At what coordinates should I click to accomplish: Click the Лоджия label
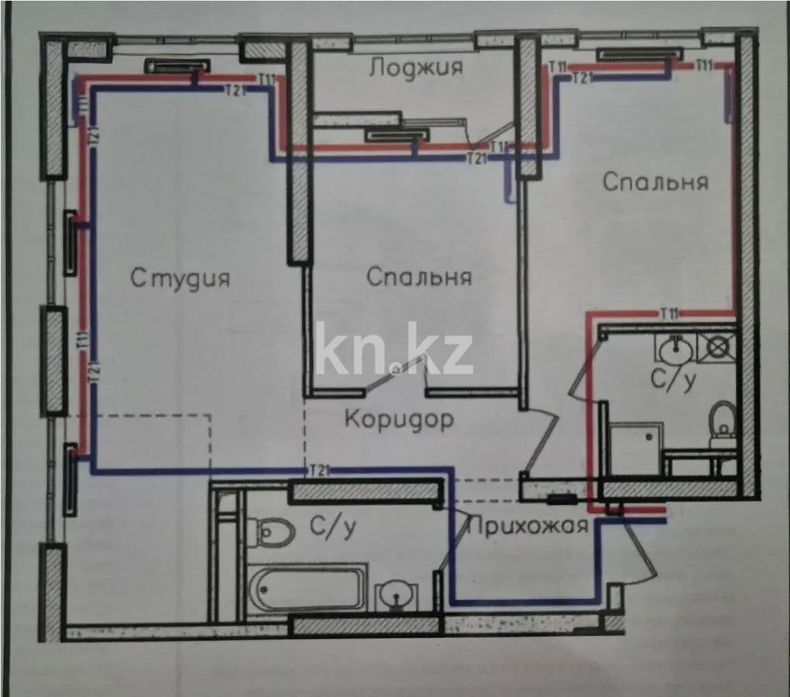click(x=416, y=67)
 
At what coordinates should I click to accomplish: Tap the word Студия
click(x=180, y=277)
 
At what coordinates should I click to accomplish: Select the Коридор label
click(x=398, y=420)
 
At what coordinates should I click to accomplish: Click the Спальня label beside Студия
click(x=418, y=276)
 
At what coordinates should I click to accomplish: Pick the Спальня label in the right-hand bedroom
click(x=654, y=183)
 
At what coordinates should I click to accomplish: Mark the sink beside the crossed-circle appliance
click(x=677, y=348)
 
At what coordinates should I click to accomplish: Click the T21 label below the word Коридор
click(x=320, y=469)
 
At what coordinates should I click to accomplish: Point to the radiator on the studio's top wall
click(x=178, y=67)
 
